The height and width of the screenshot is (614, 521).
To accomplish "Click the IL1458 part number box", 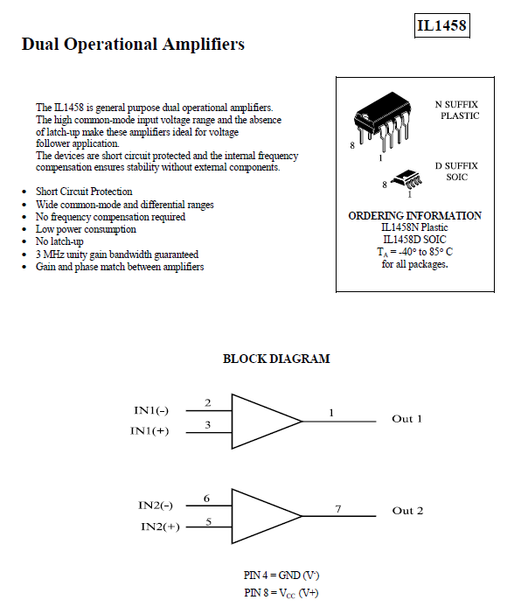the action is [442, 26].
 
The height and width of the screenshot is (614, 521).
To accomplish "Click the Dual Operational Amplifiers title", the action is [133, 44].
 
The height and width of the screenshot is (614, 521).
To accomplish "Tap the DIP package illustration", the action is [383, 121].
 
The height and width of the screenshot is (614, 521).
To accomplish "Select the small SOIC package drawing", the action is [407, 180].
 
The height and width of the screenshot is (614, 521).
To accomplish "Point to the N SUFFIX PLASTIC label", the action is [457, 110].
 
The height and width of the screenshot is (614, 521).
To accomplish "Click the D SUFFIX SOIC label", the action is [457, 171].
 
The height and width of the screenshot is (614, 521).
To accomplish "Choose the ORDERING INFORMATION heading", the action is [415, 216].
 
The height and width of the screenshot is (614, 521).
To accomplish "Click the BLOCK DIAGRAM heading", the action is [276, 359].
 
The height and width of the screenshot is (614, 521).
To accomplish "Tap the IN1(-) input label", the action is [151, 410].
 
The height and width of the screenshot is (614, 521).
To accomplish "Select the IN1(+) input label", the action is [149, 430].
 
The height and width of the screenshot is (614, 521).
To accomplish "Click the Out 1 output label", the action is [407, 419].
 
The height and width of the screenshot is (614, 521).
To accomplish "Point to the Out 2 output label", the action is [407, 511].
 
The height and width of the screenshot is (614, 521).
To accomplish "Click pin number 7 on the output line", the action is [338, 509].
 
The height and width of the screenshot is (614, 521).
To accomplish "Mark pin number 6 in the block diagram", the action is [206, 499].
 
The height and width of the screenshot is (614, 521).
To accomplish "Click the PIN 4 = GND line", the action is [281, 576].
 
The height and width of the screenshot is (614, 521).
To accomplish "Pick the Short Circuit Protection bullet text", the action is [84, 192].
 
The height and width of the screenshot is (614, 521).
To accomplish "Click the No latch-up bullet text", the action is [59, 241].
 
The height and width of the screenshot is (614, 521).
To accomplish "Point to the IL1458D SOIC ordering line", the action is [414, 240].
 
